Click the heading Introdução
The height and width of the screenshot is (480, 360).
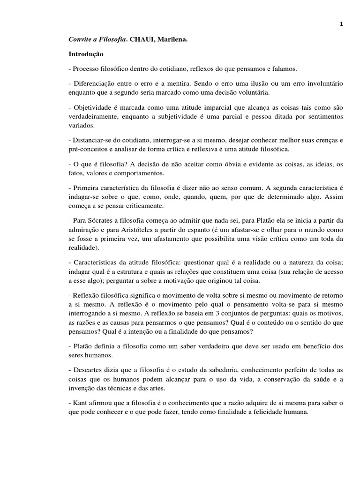pyautogui.click(x=85, y=54)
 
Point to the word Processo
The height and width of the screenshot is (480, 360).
pyautogui.click(x=86, y=69)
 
